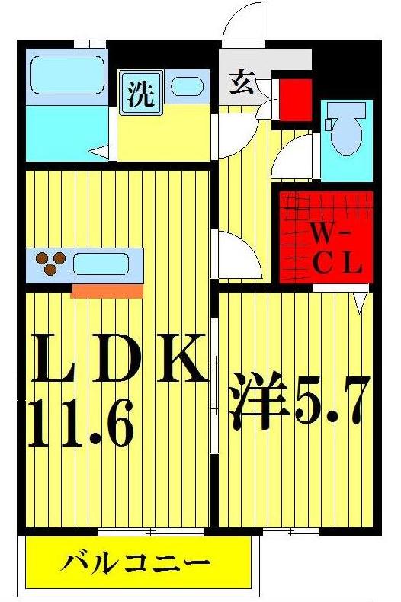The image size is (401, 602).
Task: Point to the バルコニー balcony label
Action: coord(136,565)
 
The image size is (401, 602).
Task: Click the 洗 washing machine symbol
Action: coord(140,94)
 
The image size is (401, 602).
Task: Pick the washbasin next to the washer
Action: coord(186,85)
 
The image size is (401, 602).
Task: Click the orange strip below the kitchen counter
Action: coord(107,291)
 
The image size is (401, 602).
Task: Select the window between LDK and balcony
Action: coord(127,531)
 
